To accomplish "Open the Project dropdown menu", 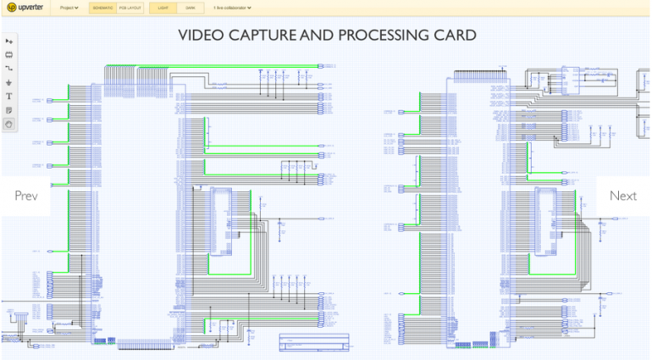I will coord(69,8).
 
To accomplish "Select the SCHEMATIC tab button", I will coord(102,8).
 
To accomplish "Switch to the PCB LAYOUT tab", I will coord(130,8).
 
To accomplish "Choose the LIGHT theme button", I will coord(163,8).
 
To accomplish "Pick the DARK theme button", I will coord(191,8).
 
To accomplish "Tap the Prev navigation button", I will coord(25,196).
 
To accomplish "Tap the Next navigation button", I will coord(623,196).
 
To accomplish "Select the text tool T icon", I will coord(9,97).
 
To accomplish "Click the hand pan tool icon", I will coord(9,124).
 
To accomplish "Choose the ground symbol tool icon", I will coord(9,83).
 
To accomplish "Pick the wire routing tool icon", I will coord(9,69).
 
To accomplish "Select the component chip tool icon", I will coord(9,55).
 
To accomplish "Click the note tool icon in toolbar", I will coord(9,110).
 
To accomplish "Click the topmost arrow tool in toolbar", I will coord(9,42).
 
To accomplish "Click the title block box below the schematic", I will coord(314,342).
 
